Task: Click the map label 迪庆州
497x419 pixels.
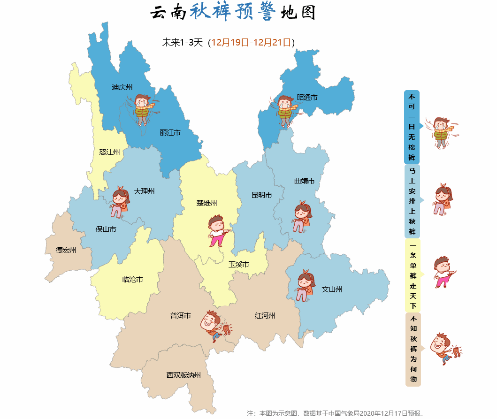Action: (x=122, y=87)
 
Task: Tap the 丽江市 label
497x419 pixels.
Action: (x=170, y=133)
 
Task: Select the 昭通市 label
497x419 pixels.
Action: (x=307, y=98)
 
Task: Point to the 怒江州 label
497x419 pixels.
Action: (x=109, y=152)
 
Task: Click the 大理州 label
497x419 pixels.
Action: (x=144, y=191)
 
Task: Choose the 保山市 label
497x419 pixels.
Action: (x=106, y=229)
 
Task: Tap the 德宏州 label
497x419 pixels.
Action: (x=66, y=250)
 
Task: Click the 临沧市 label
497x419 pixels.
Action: (x=132, y=279)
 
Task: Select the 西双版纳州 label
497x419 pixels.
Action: (x=184, y=375)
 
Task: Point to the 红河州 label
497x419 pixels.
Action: (x=265, y=315)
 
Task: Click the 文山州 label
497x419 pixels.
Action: (x=332, y=289)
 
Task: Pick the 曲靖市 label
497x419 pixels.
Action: (x=304, y=181)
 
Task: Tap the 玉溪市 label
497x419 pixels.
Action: (x=238, y=264)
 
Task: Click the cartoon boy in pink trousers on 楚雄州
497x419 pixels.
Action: (x=218, y=230)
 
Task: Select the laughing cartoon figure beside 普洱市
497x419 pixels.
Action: (x=215, y=325)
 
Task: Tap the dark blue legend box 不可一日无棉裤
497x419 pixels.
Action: (x=412, y=127)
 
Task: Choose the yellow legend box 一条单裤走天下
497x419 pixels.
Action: (x=413, y=275)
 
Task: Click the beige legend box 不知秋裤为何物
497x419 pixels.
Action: (x=413, y=349)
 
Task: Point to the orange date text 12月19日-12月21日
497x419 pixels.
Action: (x=251, y=43)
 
